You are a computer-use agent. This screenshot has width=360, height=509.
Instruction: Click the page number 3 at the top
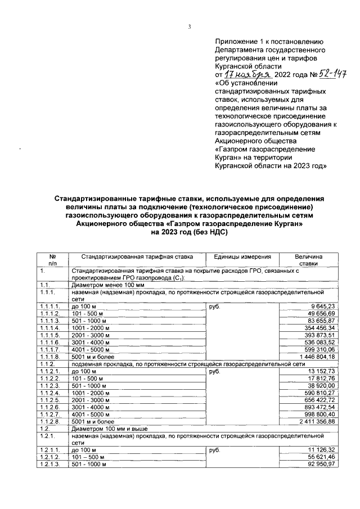coord(190,26)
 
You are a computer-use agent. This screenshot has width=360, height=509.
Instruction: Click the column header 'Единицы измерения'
coord(238,256)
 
